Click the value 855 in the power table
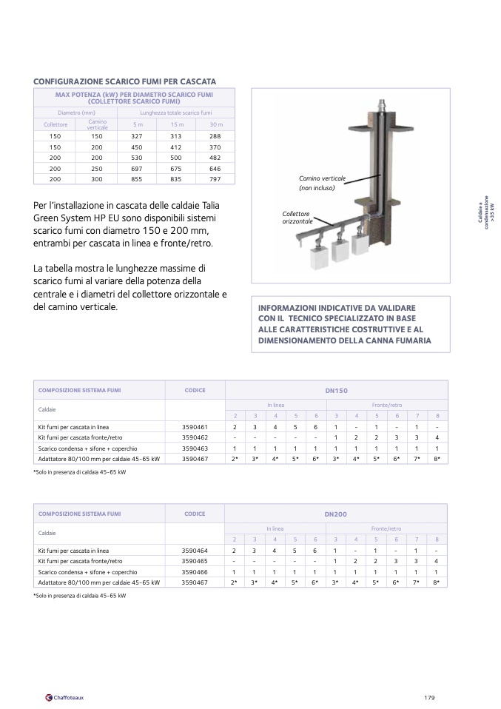point(137,179)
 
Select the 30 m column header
point(215,124)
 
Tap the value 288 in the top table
point(215,137)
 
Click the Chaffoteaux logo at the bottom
point(64,697)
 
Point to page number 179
point(429,697)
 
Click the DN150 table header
point(336,390)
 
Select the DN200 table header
point(336,514)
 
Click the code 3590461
point(195,427)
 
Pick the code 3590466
point(195,572)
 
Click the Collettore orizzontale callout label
point(297,218)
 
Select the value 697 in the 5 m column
point(137,169)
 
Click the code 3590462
point(195,437)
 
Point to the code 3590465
point(195,561)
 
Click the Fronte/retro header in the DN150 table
point(387,406)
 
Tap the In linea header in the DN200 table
point(275,529)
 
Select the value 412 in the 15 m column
point(176,147)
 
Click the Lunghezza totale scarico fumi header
point(176,112)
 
